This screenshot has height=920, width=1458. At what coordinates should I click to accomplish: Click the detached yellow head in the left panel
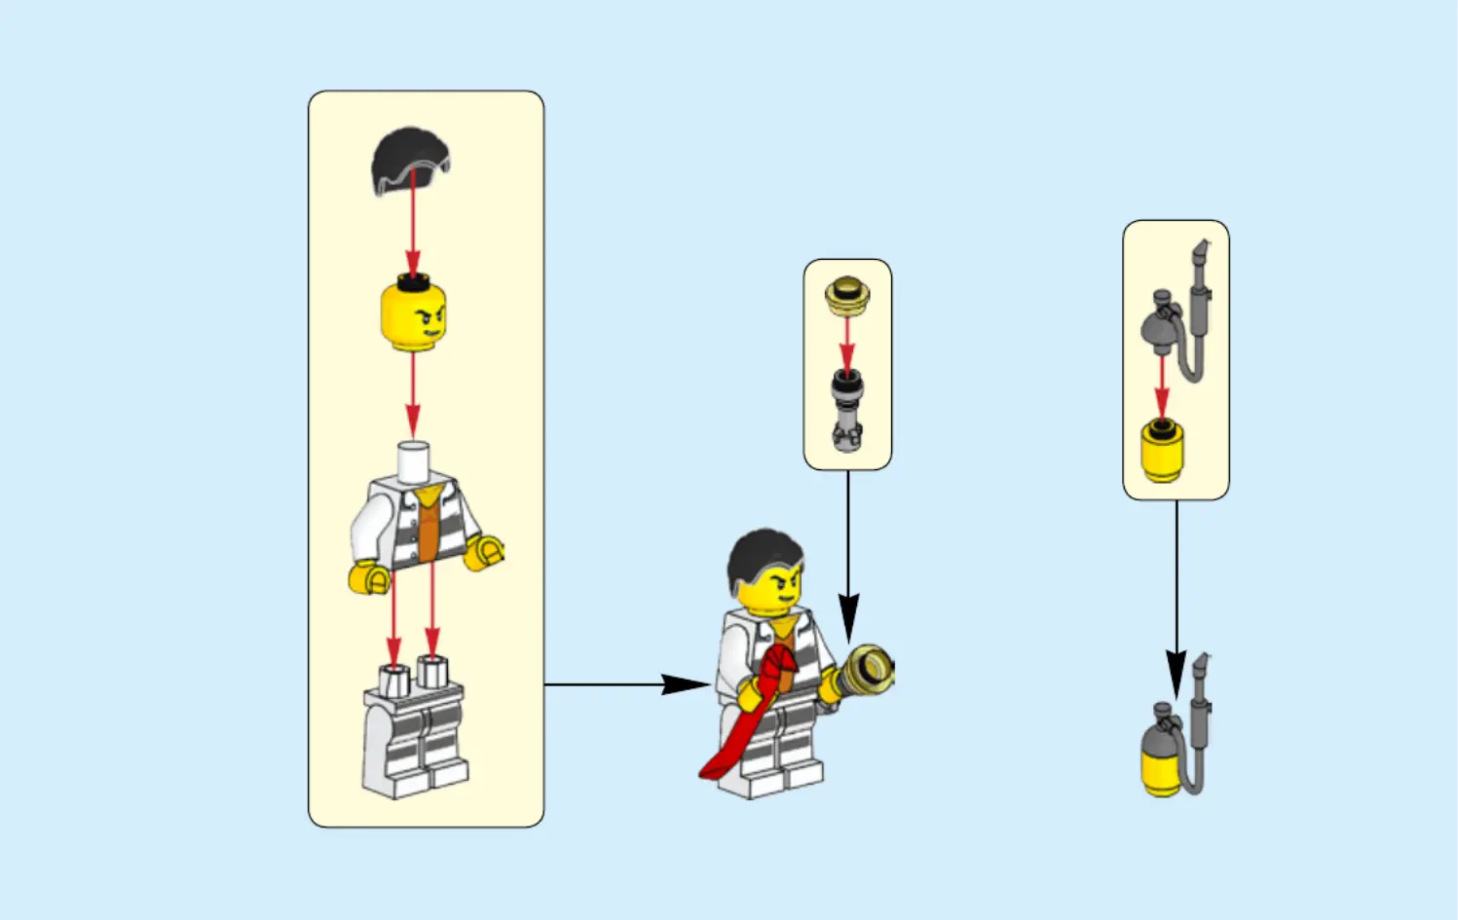pos(413,314)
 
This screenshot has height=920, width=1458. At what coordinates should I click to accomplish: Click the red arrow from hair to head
pos(413,224)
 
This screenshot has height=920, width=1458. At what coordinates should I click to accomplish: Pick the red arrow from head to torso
pos(413,394)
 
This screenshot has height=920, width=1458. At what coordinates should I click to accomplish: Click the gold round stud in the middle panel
pos(846,295)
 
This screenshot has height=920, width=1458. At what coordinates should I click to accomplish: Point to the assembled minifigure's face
pos(772,590)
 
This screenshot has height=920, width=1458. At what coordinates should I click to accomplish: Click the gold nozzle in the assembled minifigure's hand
pos(866,671)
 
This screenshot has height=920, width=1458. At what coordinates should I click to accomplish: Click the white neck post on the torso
pos(413,461)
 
